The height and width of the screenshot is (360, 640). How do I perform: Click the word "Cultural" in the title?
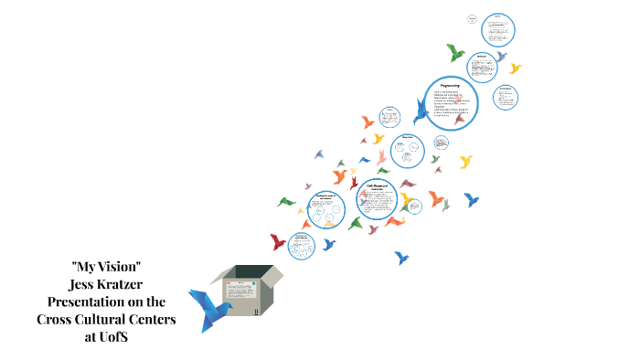click(x=105, y=318)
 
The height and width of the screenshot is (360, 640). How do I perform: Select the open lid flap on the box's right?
click(x=272, y=274)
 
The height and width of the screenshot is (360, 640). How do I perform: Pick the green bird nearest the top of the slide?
click(x=454, y=51)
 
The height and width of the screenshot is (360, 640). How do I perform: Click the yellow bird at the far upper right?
click(x=515, y=68)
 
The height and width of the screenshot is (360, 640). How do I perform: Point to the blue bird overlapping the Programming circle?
click(x=421, y=111)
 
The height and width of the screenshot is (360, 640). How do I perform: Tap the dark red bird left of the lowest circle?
click(x=278, y=241)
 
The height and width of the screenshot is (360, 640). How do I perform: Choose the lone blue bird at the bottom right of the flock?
click(x=401, y=259)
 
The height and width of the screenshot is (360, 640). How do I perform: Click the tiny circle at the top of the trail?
click(x=473, y=18)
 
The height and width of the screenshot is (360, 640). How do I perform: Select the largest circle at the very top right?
click(x=498, y=29)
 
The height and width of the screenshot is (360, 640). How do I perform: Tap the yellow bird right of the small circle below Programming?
click(x=465, y=162)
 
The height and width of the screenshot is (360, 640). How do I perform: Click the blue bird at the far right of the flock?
click(x=471, y=198)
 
